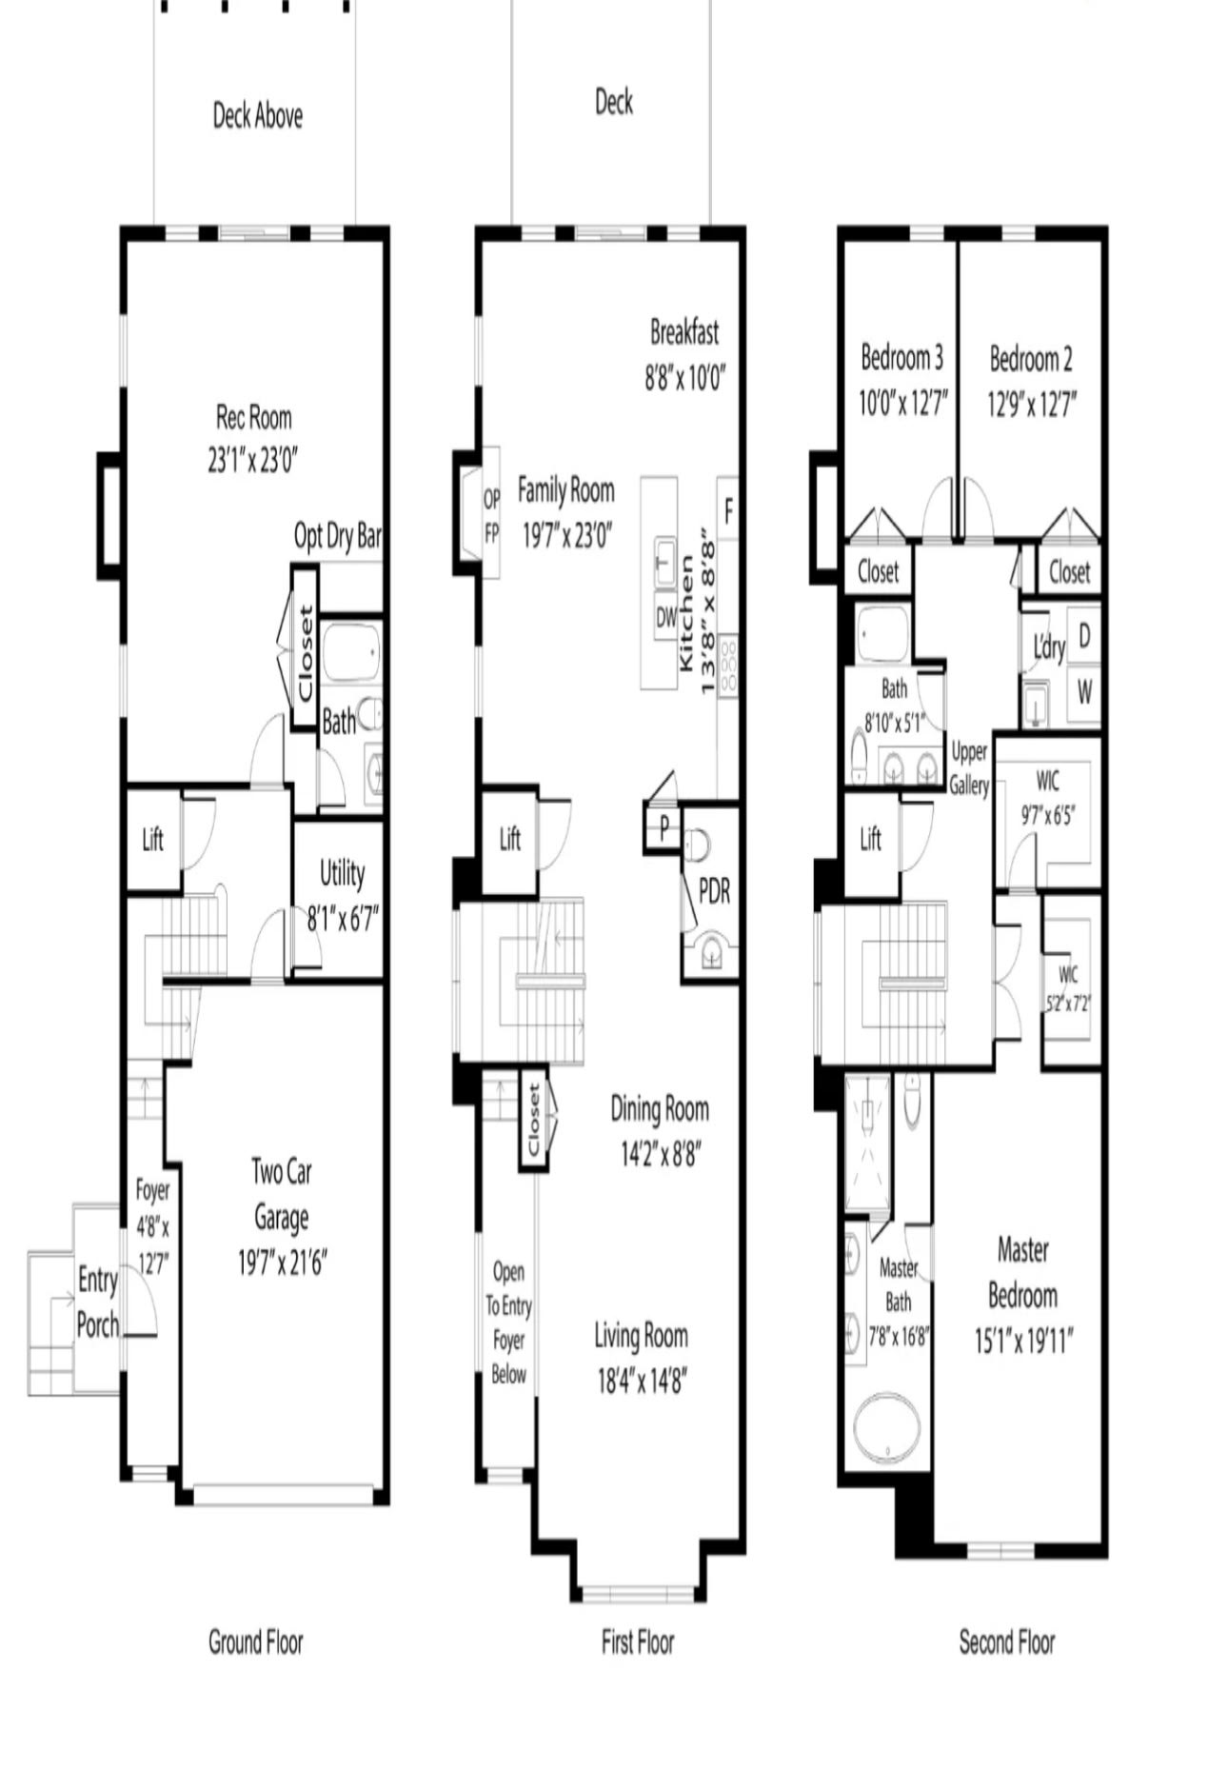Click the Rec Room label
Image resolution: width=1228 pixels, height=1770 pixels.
coord(253,417)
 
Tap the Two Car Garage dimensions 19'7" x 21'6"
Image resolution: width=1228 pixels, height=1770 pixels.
coord(282,1263)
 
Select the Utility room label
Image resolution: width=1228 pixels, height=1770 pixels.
coord(342,873)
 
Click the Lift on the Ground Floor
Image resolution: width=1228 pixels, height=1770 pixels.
coord(152,839)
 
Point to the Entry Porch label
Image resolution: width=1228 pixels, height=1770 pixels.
coord(98,1302)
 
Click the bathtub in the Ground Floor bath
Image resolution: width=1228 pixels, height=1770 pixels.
coord(350,651)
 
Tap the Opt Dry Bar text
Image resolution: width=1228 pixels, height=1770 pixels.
coord(338,536)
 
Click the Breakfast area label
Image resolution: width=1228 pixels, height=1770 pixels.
coord(684,332)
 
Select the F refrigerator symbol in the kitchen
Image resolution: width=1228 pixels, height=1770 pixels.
coord(728,511)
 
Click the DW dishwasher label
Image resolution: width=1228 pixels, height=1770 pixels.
coord(666,617)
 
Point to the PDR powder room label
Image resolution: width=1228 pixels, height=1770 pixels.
coord(714,890)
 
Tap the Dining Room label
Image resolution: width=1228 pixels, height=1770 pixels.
coord(660,1108)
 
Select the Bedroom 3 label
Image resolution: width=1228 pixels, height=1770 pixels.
coord(901,358)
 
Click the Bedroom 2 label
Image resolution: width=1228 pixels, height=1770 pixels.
coord(1031,359)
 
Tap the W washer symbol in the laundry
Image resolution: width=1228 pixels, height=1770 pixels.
coord(1084,692)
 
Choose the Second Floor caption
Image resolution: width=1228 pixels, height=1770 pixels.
coord(1007,1642)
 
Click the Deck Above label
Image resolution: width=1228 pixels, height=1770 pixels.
coord(258,116)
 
